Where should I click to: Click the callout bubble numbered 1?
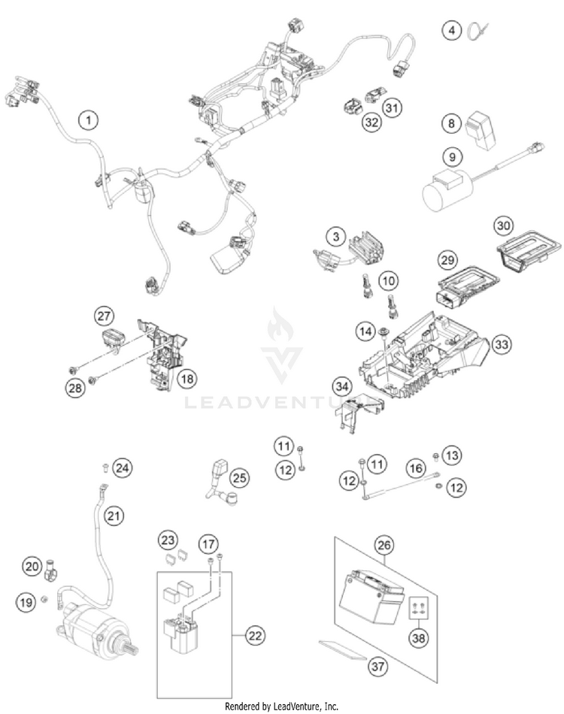click(x=89, y=119)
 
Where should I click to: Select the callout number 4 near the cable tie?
click(x=451, y=31)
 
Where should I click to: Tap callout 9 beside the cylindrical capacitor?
click(x=451, y=158)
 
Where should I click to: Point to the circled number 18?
click(x=186, y=379)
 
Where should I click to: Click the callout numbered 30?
click(x=503, y=225)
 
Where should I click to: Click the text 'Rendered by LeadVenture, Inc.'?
click(x=282, y=706)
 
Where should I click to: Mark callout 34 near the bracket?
click(x=342, y=387)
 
